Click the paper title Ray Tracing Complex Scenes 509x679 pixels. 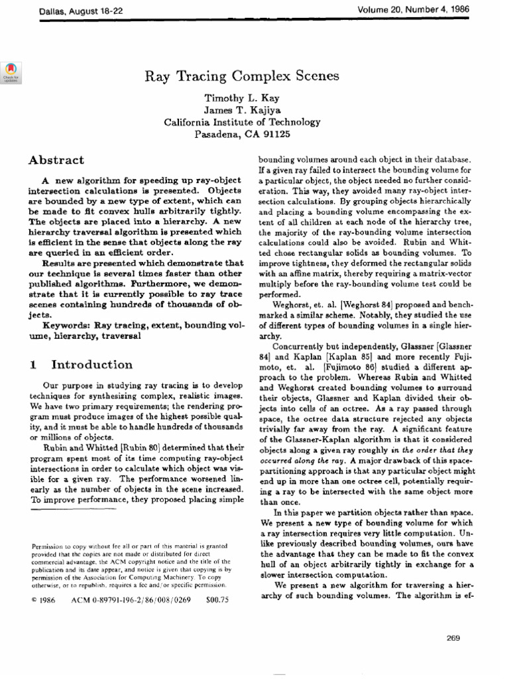click(x=242, y=76)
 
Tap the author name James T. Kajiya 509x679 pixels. click(x=242, y=109)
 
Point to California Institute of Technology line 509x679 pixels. click(x=242, y=122)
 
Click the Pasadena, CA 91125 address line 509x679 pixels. click(x=242, y=135)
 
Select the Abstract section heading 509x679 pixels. click(x=56, y=160)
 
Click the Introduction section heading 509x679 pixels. click(x=92, y=365)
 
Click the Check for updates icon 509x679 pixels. click(x=11, y=71)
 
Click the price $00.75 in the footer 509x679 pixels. click(x=217, y=599)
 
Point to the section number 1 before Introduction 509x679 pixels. click(x=32, y=365)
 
